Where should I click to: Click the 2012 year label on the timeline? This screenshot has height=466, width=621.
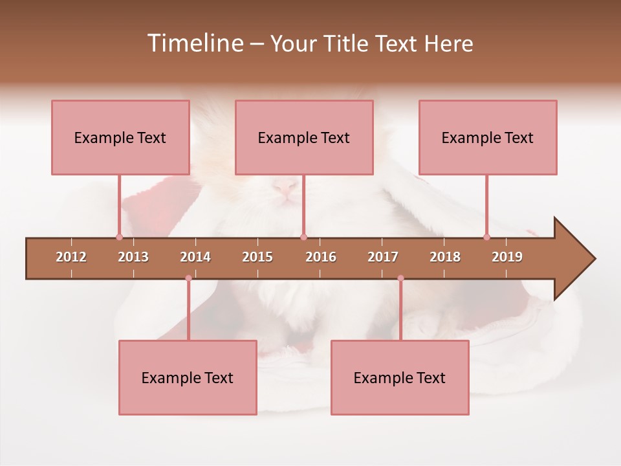coord(71,257)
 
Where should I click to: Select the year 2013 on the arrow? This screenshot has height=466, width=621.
coord(133,257)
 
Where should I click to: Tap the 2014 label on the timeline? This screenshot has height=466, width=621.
coord(195,257)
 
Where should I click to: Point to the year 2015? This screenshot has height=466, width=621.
coord(257,257)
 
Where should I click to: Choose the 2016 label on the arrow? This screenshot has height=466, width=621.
coord(321,257)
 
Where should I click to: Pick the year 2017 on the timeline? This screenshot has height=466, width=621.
coord(383,257)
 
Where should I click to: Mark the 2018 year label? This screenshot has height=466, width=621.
coord(445,257)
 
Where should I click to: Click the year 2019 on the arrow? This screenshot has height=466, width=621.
coord(507,257)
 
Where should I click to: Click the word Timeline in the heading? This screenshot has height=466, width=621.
coord(194,43)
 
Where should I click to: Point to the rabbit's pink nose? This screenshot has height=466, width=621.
coord(285,188)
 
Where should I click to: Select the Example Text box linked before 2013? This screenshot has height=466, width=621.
coord(120,137)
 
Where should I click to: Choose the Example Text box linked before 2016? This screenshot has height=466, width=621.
coord(304,137)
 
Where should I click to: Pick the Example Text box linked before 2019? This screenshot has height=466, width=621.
coord(488,137)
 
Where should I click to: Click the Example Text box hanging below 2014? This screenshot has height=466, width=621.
coord(188,377)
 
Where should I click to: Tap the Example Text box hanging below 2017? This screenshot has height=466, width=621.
coord(400,377)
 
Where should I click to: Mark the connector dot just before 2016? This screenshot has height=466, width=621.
coord(303,238)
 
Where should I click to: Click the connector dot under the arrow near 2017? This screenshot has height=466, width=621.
coord(400,278)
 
